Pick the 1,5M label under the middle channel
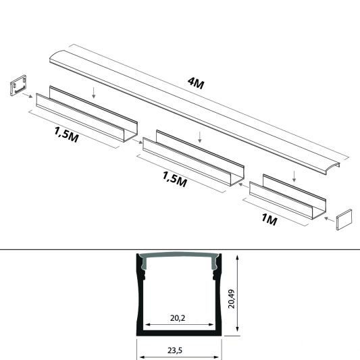pyautogui.click(x=174, y=180)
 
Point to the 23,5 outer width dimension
pyautogui.click(x=180, y=351)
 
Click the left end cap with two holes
pyautogui.click(x=18, y=88)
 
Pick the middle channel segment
pyautogui.click(x=196, y=160)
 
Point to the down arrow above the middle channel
pyautogui.click(x=200, y=137)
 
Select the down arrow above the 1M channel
pyautogui.click(x=295, y=177)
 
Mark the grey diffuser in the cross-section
pyautogui.click(x=180, y=259)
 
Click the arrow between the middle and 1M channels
pyautogui.click(x=241, y=183)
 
